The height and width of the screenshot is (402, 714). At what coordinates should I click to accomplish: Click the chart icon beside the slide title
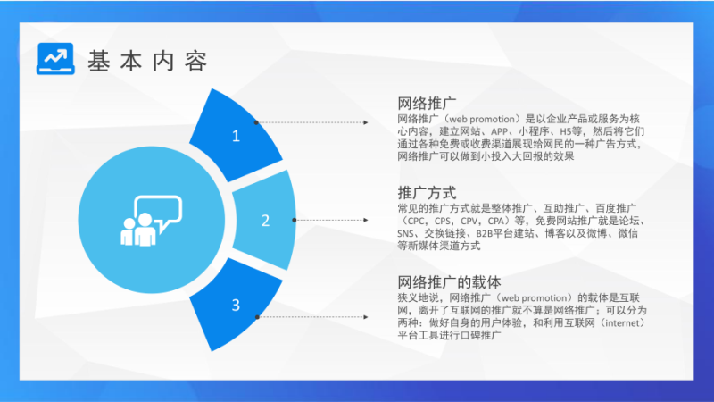55,59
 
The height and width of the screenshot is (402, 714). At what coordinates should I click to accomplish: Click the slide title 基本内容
148,61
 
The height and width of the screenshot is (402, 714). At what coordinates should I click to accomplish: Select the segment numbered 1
236,136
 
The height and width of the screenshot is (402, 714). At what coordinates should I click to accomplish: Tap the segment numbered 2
265,220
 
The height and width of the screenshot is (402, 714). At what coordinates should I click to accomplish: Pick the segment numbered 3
236,305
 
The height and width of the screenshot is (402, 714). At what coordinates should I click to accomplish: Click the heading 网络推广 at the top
428,104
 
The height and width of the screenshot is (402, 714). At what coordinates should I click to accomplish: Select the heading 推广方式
428,192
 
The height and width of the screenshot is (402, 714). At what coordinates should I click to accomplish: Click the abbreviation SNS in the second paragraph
408,233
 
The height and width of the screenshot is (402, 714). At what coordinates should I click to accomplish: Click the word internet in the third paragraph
617,322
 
